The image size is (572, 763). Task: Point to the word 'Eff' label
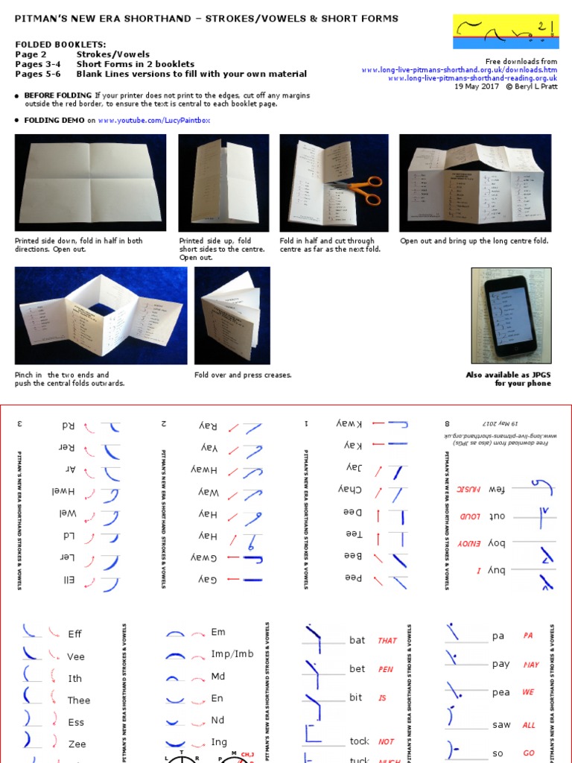coord(74,634)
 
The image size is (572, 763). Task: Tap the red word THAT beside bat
coord(387,641)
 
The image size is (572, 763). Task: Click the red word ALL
coord(529,725)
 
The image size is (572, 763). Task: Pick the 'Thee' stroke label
coord(78,700)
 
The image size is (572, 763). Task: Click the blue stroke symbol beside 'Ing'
coord(175,743)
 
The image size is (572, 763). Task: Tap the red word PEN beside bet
coord(386,669)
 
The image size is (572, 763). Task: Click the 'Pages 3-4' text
coord(37,64)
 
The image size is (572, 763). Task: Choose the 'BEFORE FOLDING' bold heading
coord(58,95)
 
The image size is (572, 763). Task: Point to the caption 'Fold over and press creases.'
coord(243,375)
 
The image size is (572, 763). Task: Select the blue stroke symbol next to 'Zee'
coord(28,741)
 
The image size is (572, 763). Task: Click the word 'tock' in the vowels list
coord(359,741)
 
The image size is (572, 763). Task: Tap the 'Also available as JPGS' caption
coord(508,375)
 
